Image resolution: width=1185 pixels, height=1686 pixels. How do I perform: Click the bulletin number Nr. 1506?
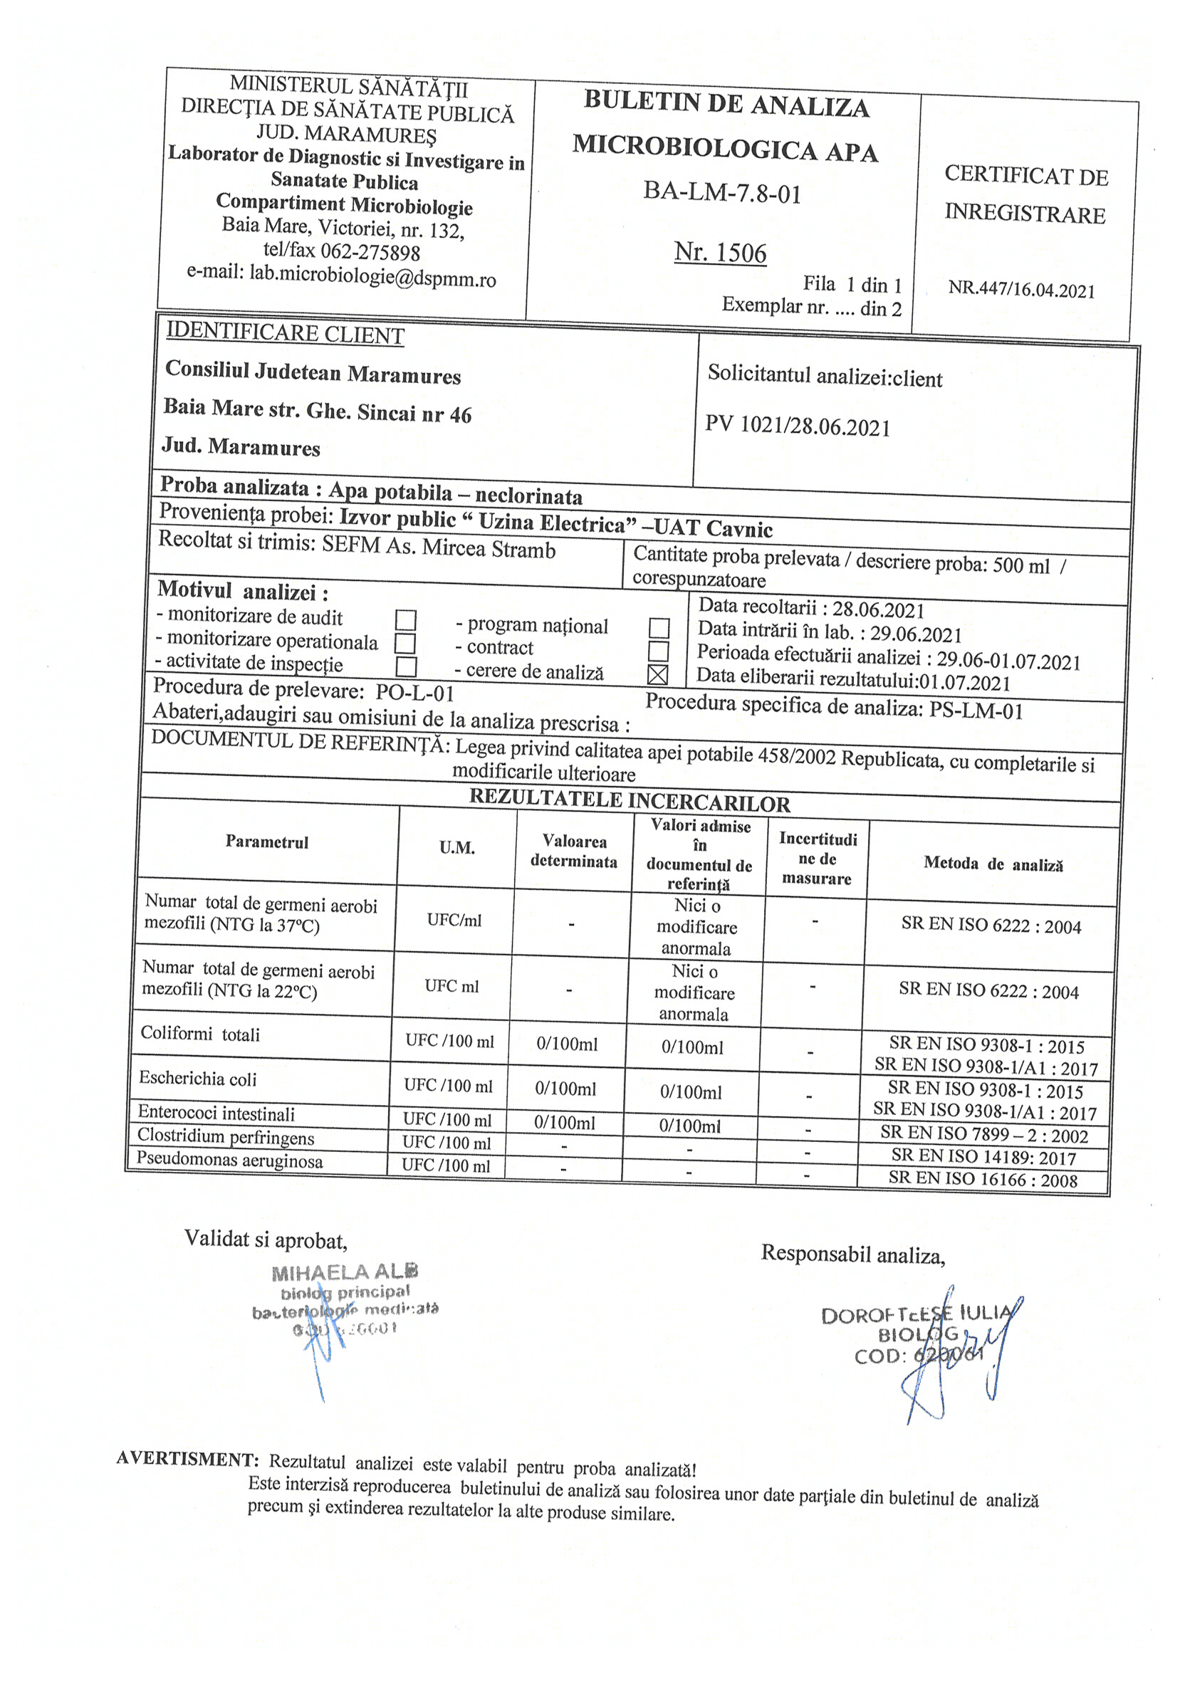[x=720, y=253]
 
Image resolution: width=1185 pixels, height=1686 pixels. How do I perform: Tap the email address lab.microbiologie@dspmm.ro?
[x=372, y=278]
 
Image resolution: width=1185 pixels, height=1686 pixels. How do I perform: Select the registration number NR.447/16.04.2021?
[x=1021, y=289]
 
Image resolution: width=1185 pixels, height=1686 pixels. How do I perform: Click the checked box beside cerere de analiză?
[x=658, y=674]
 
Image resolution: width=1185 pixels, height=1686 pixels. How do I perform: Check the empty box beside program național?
[x=659, y=628]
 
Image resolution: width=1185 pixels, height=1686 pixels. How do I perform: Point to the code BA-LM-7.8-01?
[x=722, y=192]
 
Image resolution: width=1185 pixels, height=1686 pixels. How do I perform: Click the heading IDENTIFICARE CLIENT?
[x=285, y=334]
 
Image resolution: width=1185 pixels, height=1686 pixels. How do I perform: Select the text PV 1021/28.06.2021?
[x=798, y=426]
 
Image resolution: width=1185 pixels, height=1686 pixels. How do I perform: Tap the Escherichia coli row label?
[x=198, y=1079]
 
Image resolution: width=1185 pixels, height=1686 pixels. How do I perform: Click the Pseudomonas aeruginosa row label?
[x=230, y=1161]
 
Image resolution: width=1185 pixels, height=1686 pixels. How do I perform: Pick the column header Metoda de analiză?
[x=993, y=864]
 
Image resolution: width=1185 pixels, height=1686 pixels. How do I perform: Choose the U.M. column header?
[x=457, y=848]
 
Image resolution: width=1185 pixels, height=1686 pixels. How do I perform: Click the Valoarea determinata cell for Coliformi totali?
[x=567, y=1044]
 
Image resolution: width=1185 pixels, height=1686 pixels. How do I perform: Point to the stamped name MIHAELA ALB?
[x=345, y=1272]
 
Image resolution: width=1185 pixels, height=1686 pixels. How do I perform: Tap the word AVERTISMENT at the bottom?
[x=187, y=1458]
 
